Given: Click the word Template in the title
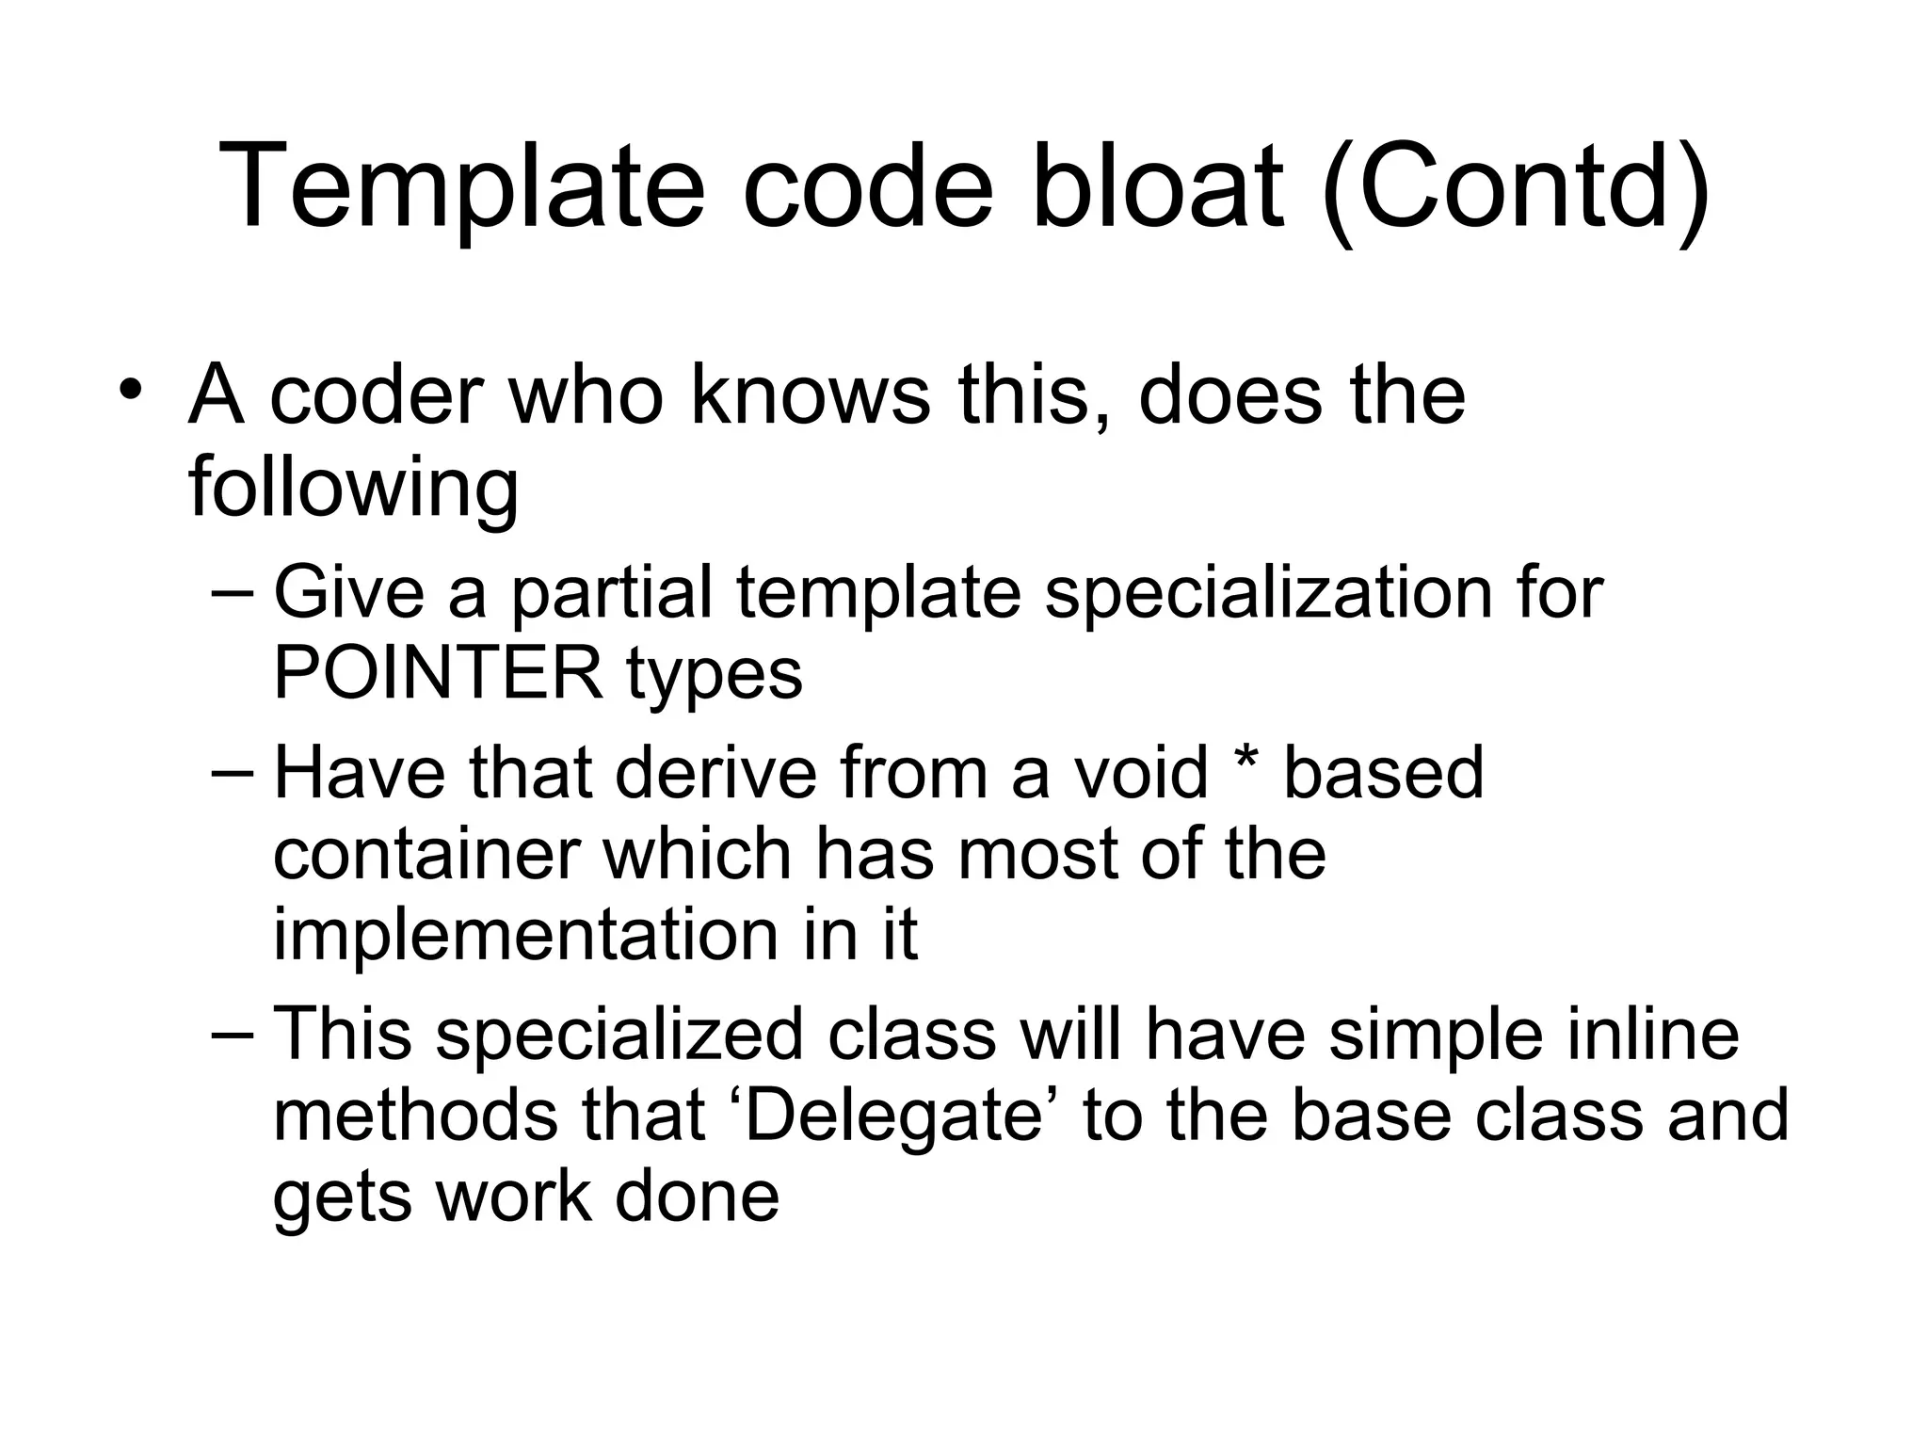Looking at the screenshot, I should click(461, 185).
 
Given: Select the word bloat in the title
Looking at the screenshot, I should click(1157, 185).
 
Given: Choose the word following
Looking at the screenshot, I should click(353, 487).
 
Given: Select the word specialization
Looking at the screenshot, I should click(1268, 594).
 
